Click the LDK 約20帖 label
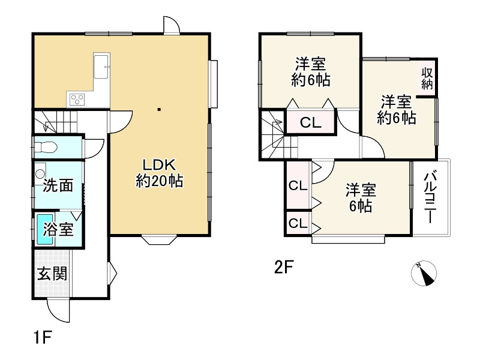click(x=159, y=172)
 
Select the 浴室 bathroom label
click(x=59, y=228)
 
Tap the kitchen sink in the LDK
click(x=101, y=63)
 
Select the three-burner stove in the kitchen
click(x=79, y=98)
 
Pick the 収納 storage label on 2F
click(x=427, y=79)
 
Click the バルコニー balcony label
click(x=430, y=198)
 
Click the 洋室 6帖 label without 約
click(x=360, y=199)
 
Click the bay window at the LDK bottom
click(x=159, y=240)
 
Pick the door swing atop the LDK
click(x=171, y=24)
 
